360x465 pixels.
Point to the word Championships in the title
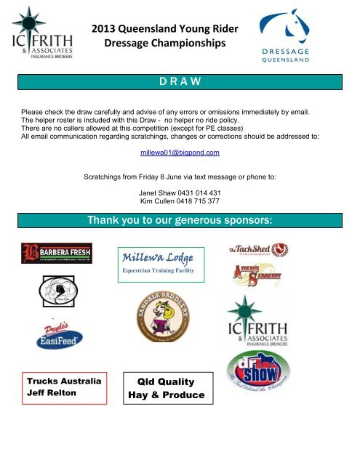[188, 44]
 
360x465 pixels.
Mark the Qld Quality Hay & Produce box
[167, 389]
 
